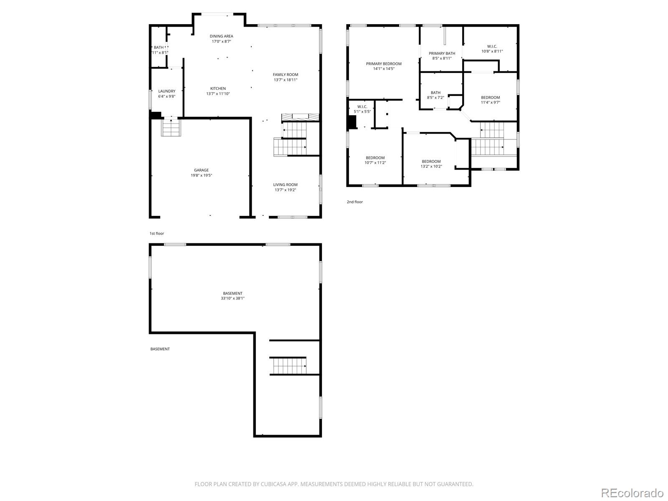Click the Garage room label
click(x=201, y=170)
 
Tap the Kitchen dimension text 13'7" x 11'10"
click(x=218, y=94)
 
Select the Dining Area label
click(x=221, y=36)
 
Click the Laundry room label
click(x=167, y=91)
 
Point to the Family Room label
click(x=286, y=75)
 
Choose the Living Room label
click(x=286, y=185)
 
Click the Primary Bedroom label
click(x=384, y=64)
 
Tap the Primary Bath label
click(x=442, y=53)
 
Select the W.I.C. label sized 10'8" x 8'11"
click(x=492, y=46)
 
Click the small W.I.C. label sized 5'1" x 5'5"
click(x=362, y=107)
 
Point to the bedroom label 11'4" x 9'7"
click(x=490, y=98)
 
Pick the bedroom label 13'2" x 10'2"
click(x=431, y=162)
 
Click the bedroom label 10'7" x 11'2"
click(x=375, y=158)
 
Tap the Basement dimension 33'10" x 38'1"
click(x=233, y=299)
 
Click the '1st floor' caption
click(x=157, y=233)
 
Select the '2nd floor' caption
click(x=355, y=202)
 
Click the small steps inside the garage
click(x=171, y=128)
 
